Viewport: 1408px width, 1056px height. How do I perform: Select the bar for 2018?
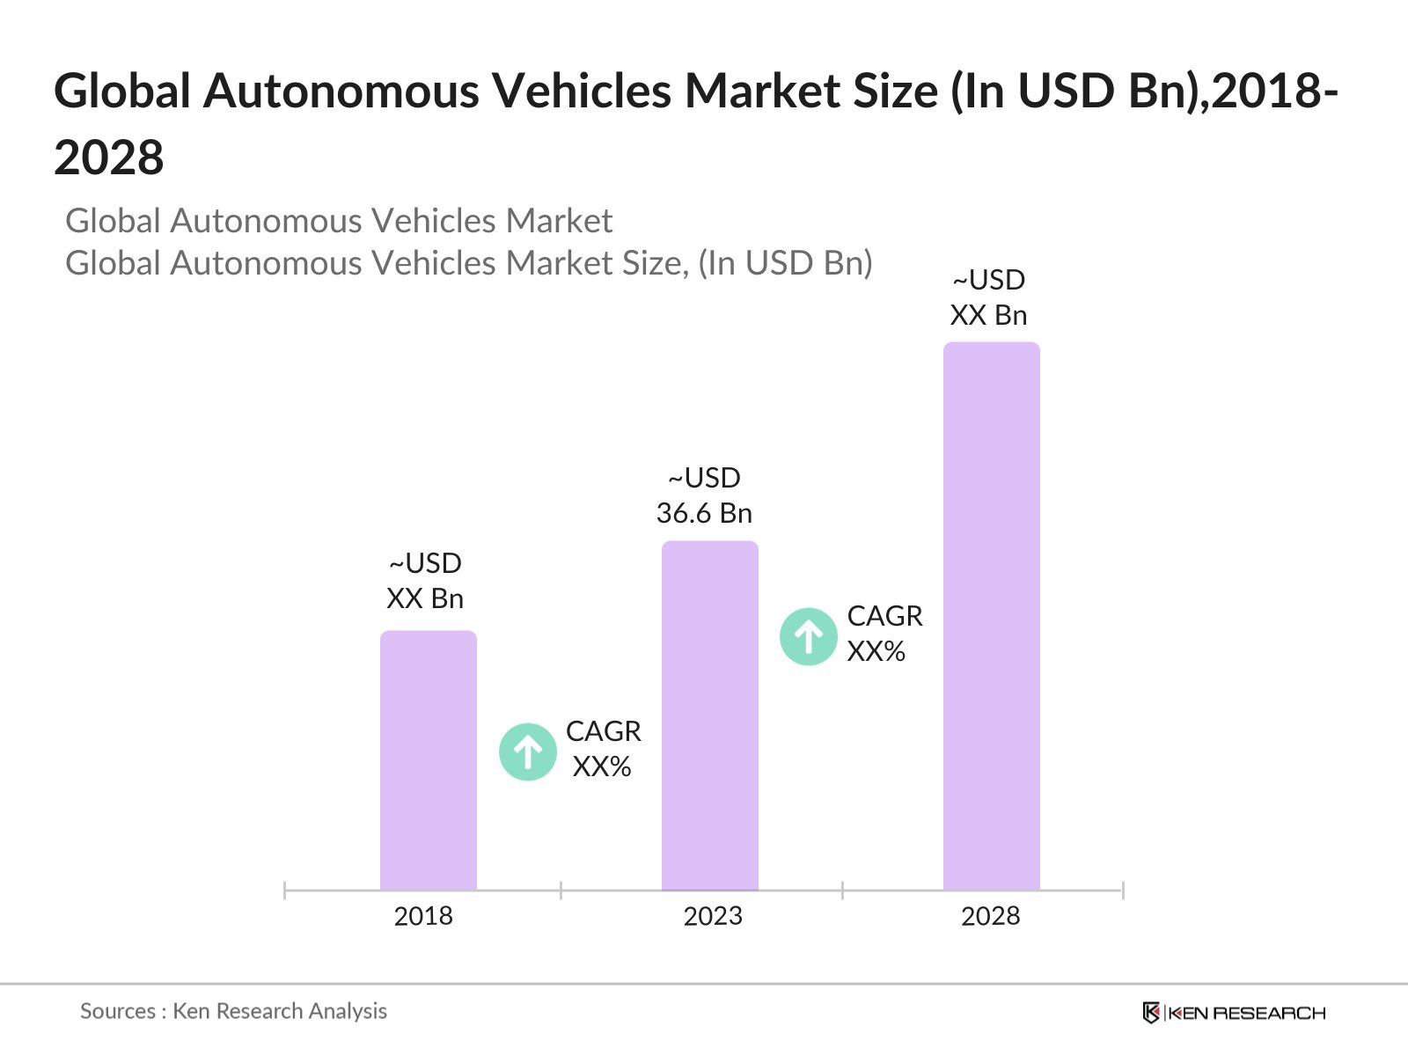428,760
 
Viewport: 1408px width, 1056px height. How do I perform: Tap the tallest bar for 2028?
991,616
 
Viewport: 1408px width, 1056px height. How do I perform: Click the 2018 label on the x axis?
423,916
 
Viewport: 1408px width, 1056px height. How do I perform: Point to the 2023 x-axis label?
713,916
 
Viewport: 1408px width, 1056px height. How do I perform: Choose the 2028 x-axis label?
990,916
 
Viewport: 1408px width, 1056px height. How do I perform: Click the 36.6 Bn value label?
704,513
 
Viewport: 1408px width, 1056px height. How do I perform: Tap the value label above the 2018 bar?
425,581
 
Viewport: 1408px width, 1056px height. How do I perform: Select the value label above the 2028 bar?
988,297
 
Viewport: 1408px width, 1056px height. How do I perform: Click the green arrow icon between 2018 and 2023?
528,752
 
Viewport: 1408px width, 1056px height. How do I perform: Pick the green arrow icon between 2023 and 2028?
808,636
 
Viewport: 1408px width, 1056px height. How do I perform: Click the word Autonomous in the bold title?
341,91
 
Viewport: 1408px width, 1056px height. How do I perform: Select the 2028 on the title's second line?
109,158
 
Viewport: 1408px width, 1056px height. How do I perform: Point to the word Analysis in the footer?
348,1011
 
